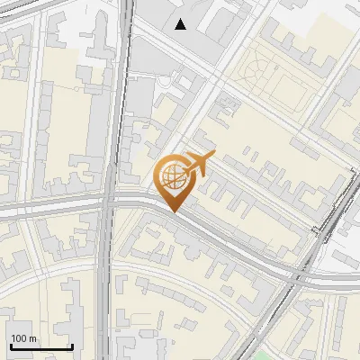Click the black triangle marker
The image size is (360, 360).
[x=181, y=24]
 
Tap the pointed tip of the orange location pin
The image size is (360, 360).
[x=175, y=211]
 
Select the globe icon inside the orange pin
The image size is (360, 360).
[x=173, y=176]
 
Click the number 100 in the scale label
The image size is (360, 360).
[x=19, y=338]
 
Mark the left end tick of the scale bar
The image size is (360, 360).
[x=10, y=346]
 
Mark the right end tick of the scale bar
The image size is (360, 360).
[x=72, y=346]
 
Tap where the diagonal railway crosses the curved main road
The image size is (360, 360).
[x=297, y=274]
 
